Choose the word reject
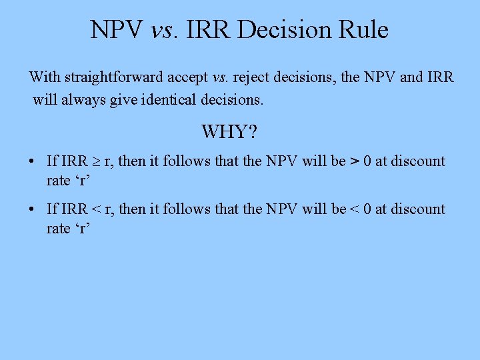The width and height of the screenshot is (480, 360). point(252,77)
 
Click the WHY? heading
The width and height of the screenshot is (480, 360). point(229,131)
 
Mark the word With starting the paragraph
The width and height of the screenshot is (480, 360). point(44,77)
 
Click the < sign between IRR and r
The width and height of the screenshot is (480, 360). point(95,209)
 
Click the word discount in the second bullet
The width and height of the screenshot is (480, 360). point(418,209)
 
